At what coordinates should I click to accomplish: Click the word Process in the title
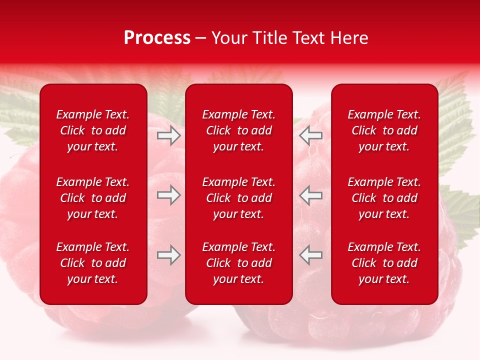[x=157, y=38]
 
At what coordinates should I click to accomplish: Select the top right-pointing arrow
[x=169, y=135]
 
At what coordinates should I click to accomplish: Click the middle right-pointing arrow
[x=169, y=195]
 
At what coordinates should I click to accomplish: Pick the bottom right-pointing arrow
[x=169, y=255]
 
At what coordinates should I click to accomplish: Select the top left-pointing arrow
[x=311, y=135]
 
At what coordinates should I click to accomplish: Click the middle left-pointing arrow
[x=311, y=195]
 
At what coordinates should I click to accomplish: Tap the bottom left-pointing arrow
[x=311, y=255]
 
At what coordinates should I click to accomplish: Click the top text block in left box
[x=93, y=130]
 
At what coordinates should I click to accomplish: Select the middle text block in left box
[x=93, y=198]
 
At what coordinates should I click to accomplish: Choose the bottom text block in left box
[x=93, y=263]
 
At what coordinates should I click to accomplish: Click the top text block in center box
[x=238, y=130]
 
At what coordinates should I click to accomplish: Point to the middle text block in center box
[x=238, y=198]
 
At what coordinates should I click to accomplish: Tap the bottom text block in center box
[x=238, y=263]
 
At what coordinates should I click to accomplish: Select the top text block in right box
[x=384, y=130]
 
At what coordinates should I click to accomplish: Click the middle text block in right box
[x=384, y=198]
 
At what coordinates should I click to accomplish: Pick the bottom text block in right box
[x=384, y=263]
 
